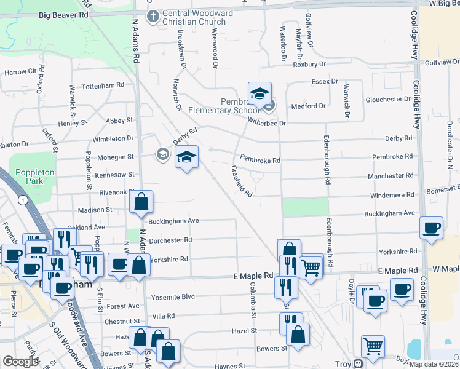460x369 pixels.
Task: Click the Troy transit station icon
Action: pos(357,363)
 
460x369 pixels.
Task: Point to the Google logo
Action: pos(20,361)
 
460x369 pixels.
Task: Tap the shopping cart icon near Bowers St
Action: pos(373,346)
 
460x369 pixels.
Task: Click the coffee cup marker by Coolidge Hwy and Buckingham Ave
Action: pos(432,228)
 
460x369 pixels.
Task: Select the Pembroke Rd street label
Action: pos(260,160)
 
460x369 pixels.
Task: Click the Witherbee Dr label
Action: pos(267,123)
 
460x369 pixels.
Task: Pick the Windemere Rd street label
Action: pos(391,196)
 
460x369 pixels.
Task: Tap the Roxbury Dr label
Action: pos(309,63)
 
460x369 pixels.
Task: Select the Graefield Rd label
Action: pos(242,181)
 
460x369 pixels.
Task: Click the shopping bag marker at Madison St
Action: pos(141,202)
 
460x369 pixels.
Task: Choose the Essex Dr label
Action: pos(325,81)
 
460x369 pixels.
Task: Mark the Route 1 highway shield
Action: pos(23,200)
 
